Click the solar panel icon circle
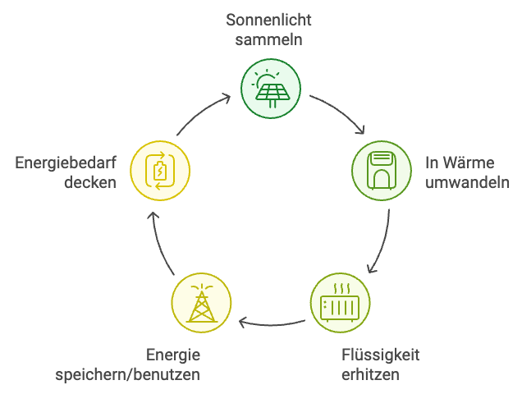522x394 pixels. tap(271, 89)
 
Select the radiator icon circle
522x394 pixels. tap(341, 301)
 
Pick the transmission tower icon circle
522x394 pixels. tap(200, 301)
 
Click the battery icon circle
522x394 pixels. tap(160, 171)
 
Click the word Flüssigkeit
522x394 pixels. tap(380, 355)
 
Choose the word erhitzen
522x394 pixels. tap(369, 375)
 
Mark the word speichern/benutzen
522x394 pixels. tap(127, 375)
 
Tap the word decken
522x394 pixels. tap(90, 181)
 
